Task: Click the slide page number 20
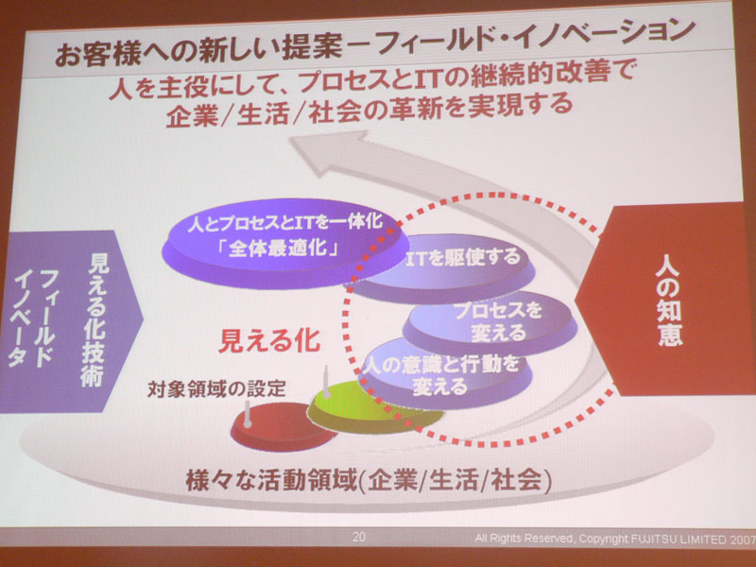point(358,537)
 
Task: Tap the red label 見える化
point(269,341)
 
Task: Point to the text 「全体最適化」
point(277,249)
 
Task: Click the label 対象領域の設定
point(216,388)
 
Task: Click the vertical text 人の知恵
point(670,301)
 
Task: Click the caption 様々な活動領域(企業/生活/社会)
point(369,481)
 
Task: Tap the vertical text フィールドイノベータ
point(34,318)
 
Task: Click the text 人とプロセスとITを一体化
point(284,223)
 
